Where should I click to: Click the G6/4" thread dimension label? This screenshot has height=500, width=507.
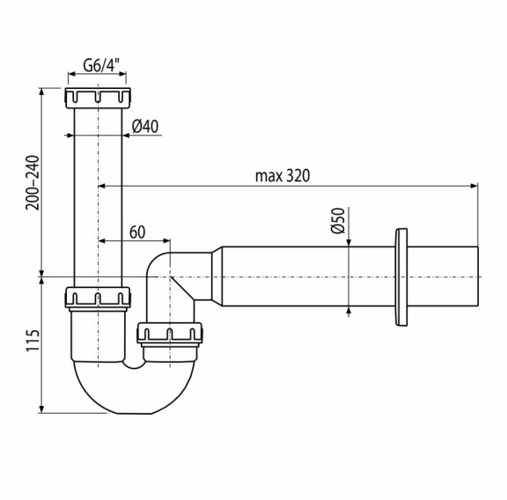(x=101, y=65)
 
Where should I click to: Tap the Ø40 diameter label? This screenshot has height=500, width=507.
(x=145, y=126)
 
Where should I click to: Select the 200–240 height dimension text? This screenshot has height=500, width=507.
(x=33, y=183)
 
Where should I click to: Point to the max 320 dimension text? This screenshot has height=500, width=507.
(x=283, y=176)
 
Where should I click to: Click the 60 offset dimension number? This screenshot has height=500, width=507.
(x=137, y=232)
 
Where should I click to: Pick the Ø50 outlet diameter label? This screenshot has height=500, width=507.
(x=338, y=220)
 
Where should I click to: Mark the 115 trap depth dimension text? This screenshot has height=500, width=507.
(x=33, y=341)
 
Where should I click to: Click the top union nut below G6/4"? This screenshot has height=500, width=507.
(x=98, y=98)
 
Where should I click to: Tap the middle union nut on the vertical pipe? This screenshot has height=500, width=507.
(x=98, y=297)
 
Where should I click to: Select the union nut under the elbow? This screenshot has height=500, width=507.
(x=170, y=333)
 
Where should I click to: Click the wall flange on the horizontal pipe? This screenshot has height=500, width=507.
(x=401, y=277)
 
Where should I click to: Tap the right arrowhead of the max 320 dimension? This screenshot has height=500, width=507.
(x=474, y=186)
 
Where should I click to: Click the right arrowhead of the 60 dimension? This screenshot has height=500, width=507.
(x=166, y=241)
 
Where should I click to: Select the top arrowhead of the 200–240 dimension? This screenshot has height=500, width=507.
(x=41, y=92)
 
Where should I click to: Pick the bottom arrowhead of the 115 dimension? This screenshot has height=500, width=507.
(x=41, y=409)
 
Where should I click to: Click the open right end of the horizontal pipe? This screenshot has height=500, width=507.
(x=478, y=276)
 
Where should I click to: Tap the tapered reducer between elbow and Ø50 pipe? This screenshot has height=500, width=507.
(x=217, y=276)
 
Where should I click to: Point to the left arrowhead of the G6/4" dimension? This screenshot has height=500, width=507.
(x=72, y=74)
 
